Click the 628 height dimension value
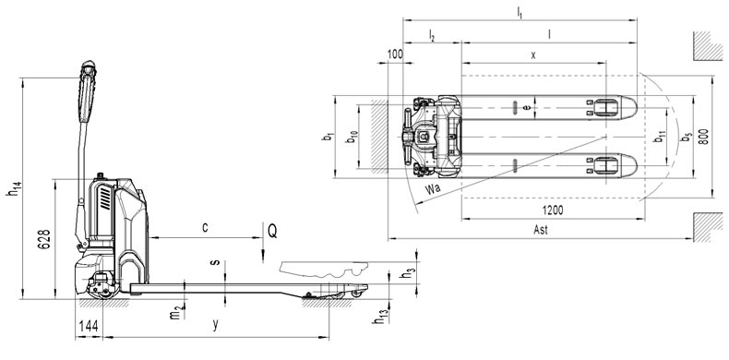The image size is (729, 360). click(x=43, y=239)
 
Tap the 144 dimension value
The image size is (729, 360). click(x=89, y=326)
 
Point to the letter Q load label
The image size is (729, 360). click(x=272, y=231)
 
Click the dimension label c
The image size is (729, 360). click(x=205, y=227)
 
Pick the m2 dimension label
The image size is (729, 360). click(x=174, y=314)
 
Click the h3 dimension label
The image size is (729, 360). click(x=406, y=274)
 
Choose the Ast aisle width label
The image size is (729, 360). click(x=541, y=230)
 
